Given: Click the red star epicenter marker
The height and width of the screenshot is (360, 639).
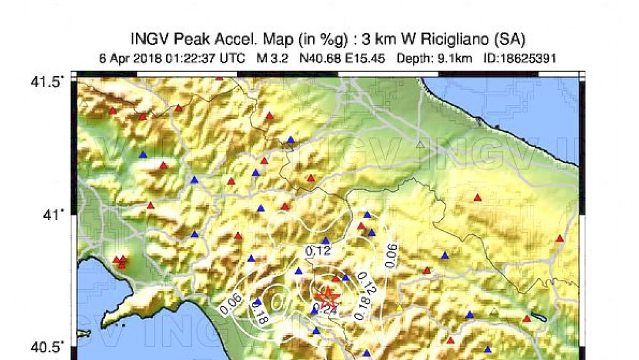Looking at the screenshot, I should pos(328,296).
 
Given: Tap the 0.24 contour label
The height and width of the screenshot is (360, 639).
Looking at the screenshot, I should pos(327,310).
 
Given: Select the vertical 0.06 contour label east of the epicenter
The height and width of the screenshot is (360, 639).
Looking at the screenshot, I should pos(392,255).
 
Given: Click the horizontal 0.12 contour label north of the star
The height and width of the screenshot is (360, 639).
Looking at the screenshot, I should pos(318,251).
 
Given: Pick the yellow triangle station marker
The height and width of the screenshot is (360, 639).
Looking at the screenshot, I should pos(399,308).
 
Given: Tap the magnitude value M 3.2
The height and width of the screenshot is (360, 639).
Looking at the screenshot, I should pos(271,58).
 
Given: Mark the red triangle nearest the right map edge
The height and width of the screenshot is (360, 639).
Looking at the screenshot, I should pos(560,239).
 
